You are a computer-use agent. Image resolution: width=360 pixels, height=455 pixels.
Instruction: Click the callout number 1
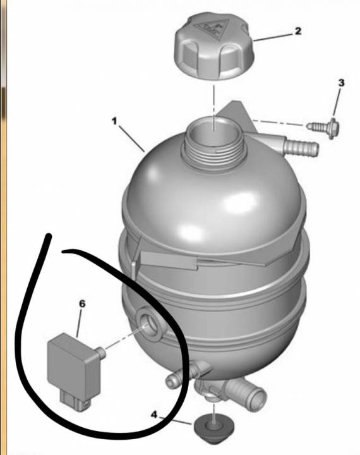pyautogui.click(x=115, y=121)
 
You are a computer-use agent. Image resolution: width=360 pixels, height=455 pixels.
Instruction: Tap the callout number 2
pyautogui.click(x=298, y=31)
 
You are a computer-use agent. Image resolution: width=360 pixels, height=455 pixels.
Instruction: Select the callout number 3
pyautogui.click(x=342, y=83)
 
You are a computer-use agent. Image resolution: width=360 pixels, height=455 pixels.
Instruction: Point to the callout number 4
pyautogui.click(x=154, y=415)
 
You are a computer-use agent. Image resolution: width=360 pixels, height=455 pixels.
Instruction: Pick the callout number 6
pyautogui.click(x=82, y=304)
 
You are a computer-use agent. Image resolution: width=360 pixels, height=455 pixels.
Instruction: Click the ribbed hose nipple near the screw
pyautogui.click(x=302, y=147)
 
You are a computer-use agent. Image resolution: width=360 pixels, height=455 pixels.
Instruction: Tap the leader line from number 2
pyautogui.click(x=273, y=37)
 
